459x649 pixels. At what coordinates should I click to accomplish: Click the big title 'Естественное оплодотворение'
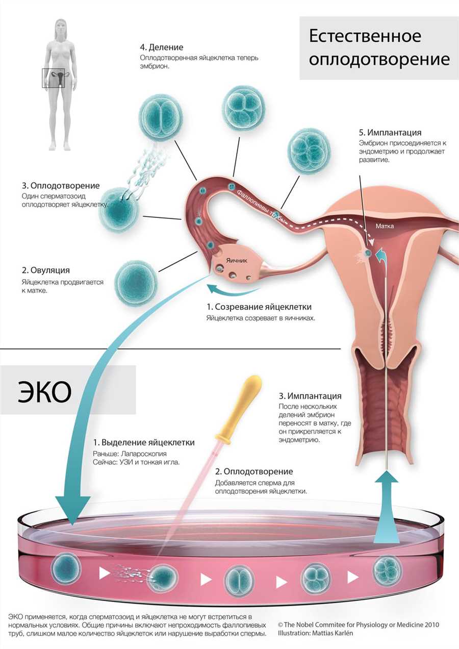point(379,48)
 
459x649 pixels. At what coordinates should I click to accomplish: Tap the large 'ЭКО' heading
point(44,392)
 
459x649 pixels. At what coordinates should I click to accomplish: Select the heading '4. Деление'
point(162,47)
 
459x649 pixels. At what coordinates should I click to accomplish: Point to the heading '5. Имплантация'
point(390,133)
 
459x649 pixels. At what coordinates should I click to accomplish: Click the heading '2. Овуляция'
point(46,270)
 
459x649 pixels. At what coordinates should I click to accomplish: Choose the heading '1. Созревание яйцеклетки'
point(259,307)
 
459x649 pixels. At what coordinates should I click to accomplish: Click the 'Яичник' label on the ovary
point(237,261)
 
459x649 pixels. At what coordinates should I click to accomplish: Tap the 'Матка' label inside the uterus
point(385,226)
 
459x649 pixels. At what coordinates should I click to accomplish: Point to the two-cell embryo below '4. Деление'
point(161,116)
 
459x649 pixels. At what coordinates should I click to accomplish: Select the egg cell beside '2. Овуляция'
point(136,282)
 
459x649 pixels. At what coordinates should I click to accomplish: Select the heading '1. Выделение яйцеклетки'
point(144,442)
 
